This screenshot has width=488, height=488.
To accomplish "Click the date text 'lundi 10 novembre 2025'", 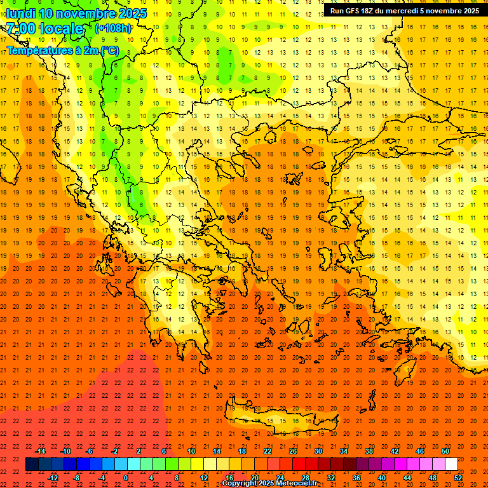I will [76, 13].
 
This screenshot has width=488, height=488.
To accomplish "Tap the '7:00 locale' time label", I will [45, 29].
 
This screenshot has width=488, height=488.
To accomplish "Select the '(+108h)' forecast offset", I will [114, 28].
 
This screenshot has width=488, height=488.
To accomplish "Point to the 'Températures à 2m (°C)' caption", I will [62, 49].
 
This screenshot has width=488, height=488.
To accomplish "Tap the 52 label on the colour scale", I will [458, 478].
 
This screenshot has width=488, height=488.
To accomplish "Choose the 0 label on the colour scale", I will [126, 478].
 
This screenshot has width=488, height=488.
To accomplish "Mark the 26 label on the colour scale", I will [293, 451].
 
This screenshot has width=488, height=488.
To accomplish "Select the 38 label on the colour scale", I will [369, 451].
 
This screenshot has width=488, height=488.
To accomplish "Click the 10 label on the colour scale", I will [191, 451].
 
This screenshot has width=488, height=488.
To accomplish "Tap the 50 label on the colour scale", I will [445, 451].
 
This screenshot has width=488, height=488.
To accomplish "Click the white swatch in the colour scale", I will [451, 464].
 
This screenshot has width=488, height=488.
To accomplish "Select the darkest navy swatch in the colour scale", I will [32, 464].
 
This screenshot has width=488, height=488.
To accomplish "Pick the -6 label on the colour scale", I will [89, 451].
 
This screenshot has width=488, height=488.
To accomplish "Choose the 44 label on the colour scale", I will [407, 478].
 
